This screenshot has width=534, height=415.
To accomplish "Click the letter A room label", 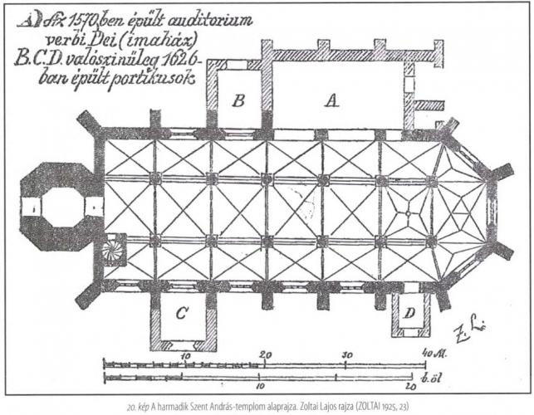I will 331,102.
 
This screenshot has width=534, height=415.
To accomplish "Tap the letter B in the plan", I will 238,101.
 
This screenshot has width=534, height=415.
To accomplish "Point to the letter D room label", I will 409,314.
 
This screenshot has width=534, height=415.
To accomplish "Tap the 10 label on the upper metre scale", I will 184,354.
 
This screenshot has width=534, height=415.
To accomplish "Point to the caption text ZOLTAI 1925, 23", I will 378,406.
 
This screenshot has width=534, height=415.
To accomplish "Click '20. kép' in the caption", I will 140,406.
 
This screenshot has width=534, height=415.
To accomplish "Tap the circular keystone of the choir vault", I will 407,212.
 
